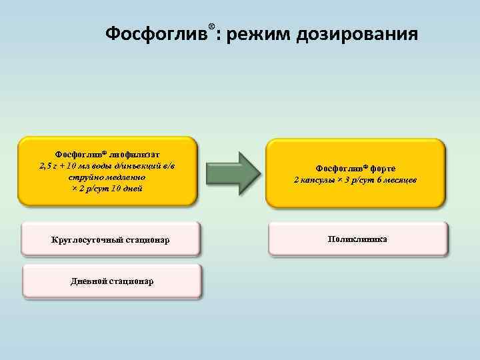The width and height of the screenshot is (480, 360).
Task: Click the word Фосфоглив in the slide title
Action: tap(157, 34)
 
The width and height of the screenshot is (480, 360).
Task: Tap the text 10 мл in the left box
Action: tap(84, 166)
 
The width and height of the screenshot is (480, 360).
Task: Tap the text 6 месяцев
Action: tap(395, 181)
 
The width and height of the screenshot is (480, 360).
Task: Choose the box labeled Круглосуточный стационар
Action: tap(111, 239)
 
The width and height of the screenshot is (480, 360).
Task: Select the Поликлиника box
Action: tap(358, 238)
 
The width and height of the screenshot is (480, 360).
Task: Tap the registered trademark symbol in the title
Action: tap(211, 26)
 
